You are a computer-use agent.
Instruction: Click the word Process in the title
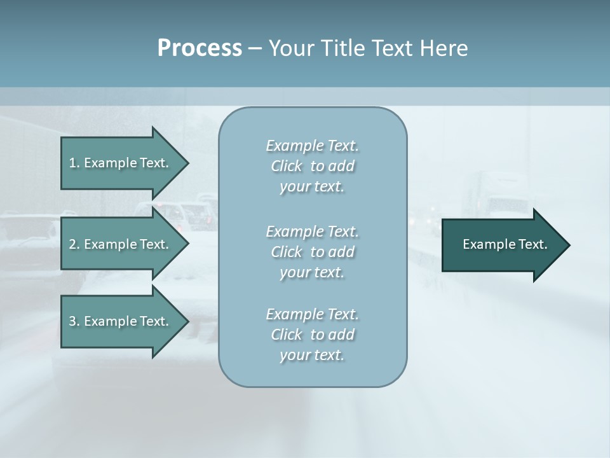pyautogui.click(x=200, y=48)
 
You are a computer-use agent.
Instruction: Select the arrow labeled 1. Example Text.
pyautogui.click(x=121, y=163)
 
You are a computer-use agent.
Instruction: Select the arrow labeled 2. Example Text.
pyautogui.click(x=121, y=244)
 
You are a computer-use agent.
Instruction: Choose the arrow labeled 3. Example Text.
pyautogui.click(x=121, y=321)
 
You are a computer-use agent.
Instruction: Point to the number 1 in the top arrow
pyautogui.click(x=73, y=163)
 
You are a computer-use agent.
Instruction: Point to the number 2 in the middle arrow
pyautogui.click(x=73, y=244)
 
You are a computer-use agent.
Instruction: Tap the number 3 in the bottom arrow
pyautogui.click(x=73, y=321)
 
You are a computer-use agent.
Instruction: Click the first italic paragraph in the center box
pyautogui.click(x=312, y=166)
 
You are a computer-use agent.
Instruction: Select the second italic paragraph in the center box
pyautogui.click(x=312, y=252)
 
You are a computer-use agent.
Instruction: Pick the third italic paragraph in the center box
pyautogui.click(x=312, y=335)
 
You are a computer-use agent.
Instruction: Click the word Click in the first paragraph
pyautogui.click(x=286, y=166)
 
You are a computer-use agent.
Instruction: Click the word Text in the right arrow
pyautogui.click(x=534, y=244)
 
